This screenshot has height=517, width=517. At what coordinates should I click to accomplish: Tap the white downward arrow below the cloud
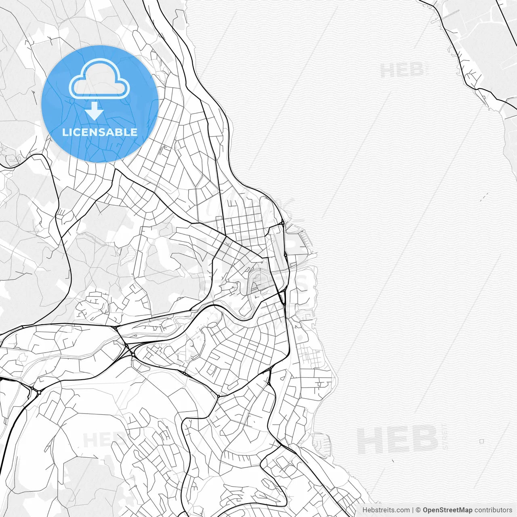94,110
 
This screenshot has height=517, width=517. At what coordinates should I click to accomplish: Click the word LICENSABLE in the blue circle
100,132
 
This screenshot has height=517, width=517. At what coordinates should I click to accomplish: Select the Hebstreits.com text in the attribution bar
386,510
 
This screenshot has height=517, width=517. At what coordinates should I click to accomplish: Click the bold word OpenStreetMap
447,510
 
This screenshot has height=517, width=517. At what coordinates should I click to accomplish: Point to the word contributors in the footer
493,510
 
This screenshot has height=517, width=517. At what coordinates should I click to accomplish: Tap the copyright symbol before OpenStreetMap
418,510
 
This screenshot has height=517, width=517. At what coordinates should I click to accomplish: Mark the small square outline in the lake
481,441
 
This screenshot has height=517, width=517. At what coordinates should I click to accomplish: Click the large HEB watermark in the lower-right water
398,440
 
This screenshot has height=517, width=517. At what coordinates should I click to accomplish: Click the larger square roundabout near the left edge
39,391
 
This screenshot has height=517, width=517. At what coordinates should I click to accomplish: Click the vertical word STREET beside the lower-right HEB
445,440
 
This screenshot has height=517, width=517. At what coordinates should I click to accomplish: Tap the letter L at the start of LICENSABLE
65,132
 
